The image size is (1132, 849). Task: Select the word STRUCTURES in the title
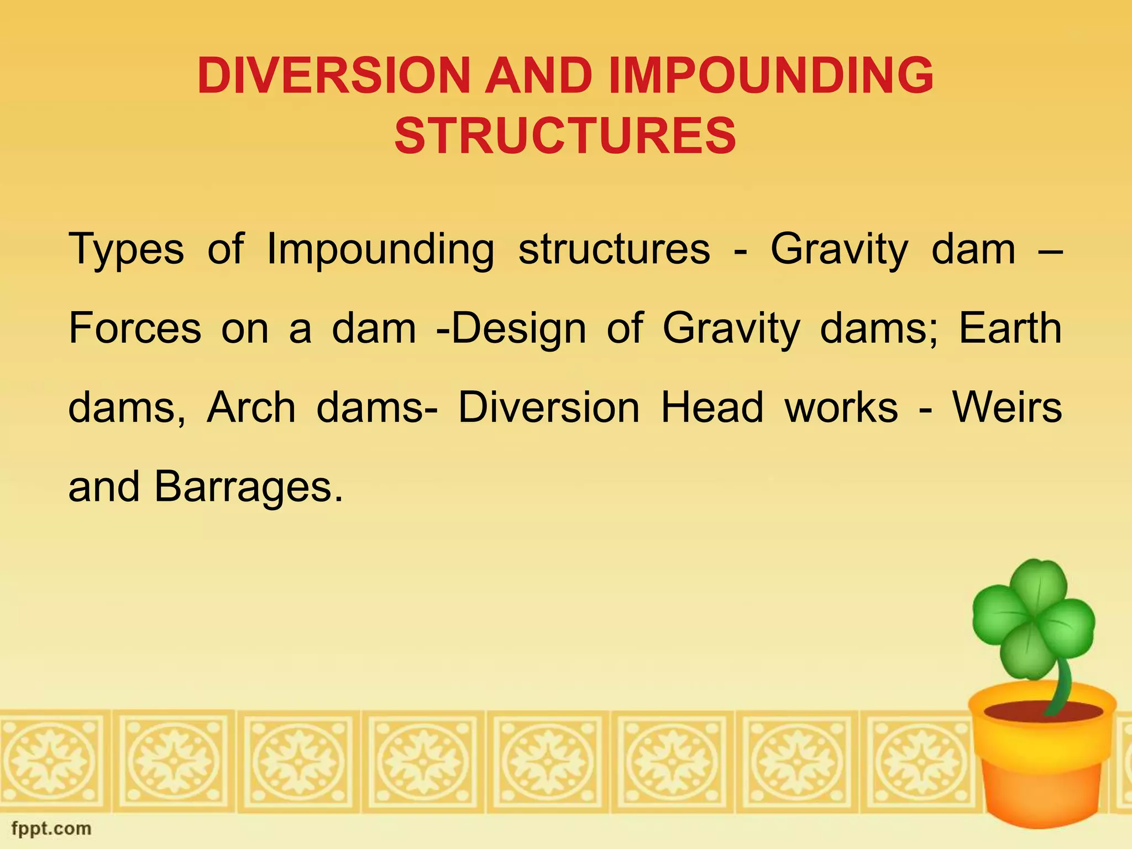coord(565,136)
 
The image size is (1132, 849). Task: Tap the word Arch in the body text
coord(251,408)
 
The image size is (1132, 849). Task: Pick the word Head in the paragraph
coord(712,408)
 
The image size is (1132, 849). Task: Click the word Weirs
coord(1007,408)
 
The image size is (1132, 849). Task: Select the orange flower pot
coord(1039,774)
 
